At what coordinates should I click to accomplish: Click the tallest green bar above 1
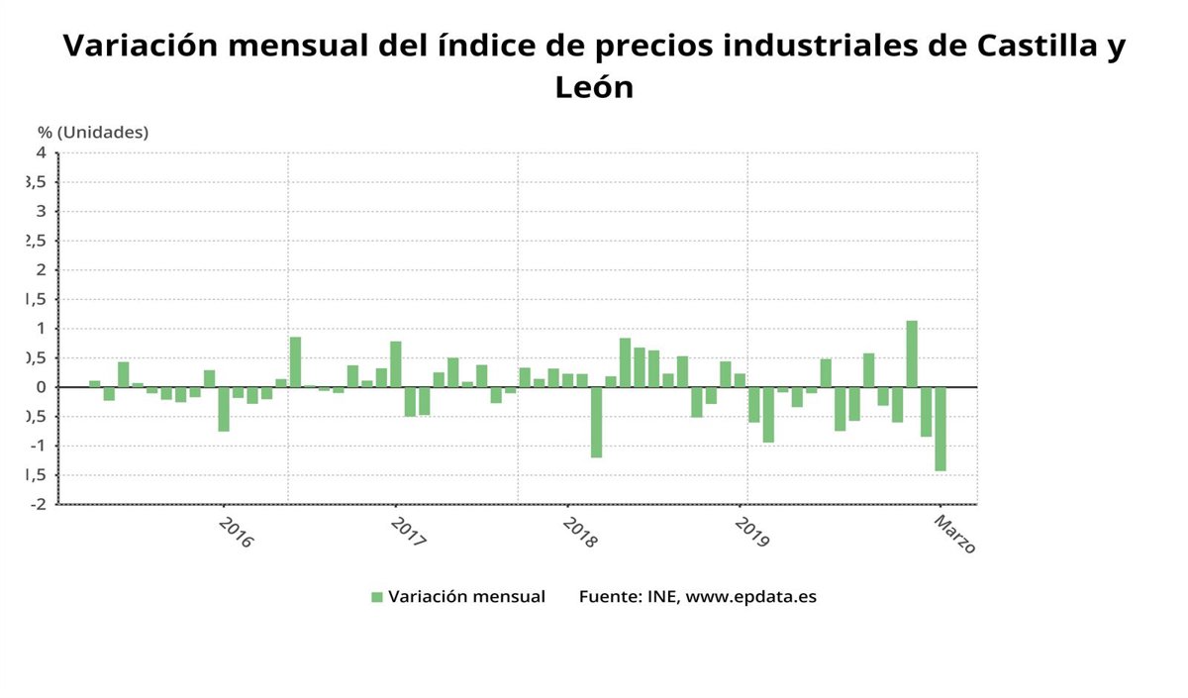coord(912,353)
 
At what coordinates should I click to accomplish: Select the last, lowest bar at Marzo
coord(940,429)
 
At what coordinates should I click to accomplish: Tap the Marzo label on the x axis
coord(954,532)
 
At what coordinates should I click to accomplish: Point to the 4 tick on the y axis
coord(41,152)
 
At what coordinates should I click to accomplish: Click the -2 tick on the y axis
coord(39,504)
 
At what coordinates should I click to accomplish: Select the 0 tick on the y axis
coord(41,387)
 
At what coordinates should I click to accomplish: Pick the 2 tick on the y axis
coord(41,269)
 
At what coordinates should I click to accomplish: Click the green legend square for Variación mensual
coord(376,597)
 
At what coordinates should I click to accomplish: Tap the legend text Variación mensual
coord(466,597)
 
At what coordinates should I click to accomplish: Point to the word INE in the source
coord(661,597)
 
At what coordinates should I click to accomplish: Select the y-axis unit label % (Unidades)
coord(93,132)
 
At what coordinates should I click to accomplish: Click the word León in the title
coord(594,87)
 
